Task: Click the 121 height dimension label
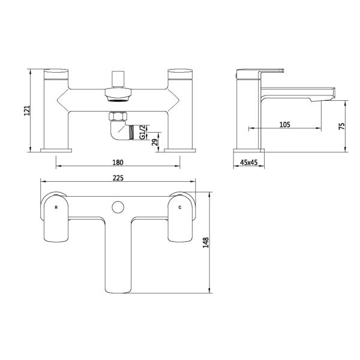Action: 27,110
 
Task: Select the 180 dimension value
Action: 118,163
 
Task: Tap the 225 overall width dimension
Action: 118,178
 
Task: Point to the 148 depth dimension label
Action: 206,242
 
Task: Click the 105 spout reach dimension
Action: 284,124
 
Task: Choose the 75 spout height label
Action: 341,126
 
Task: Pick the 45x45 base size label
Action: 249,163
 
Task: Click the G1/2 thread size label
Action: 143,132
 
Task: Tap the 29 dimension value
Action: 155,142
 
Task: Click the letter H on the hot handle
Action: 56,208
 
